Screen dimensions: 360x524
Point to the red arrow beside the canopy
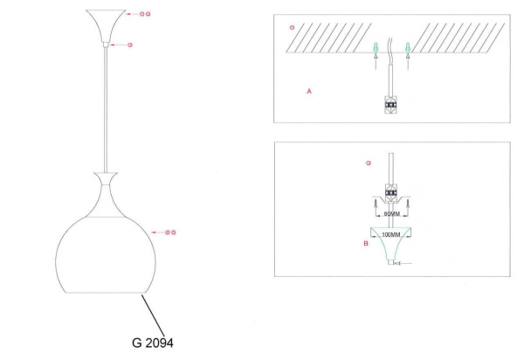pos(131,15)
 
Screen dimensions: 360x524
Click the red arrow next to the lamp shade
pos(158,232)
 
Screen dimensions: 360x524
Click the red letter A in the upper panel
pos(309,91)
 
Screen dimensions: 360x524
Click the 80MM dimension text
pos(390,212)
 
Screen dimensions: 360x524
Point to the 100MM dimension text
pos(390,235)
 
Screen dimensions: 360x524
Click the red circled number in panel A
pos(292,28)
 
